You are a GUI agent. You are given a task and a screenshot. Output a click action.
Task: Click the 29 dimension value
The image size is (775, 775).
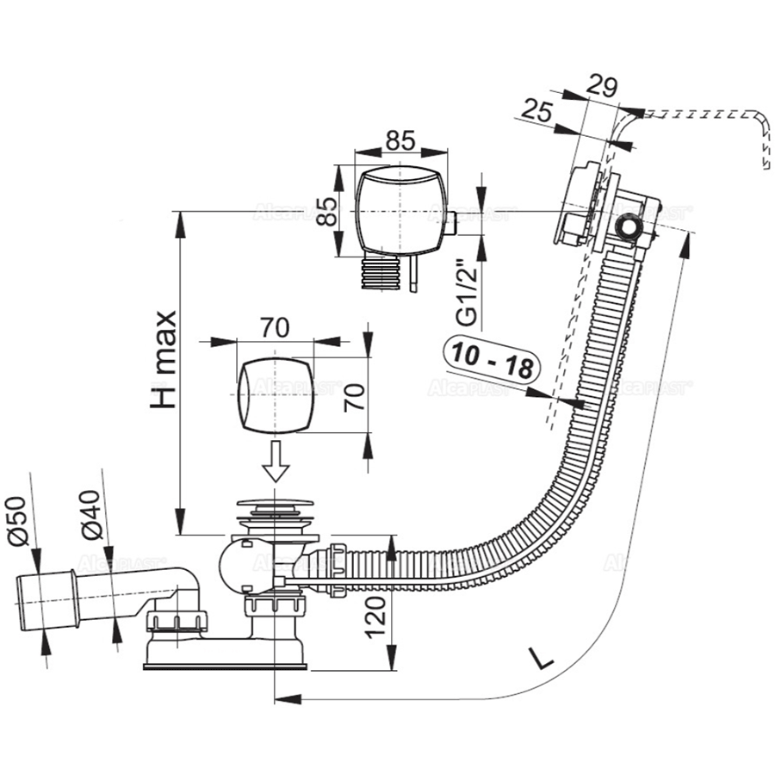pos(604,85)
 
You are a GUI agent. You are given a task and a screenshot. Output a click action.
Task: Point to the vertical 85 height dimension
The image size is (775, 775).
pos(325,206)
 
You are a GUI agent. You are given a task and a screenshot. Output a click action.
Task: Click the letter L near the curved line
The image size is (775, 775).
pos(542,659)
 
